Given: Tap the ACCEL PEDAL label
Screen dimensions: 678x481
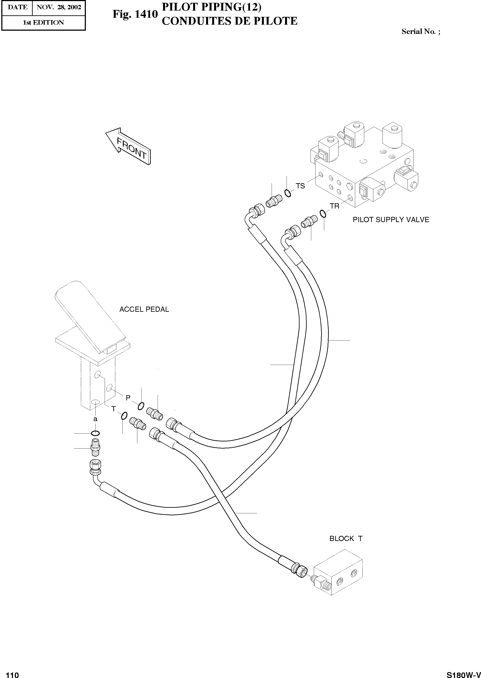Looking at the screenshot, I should point(144,309).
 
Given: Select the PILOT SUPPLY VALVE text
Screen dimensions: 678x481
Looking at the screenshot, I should point(391,220).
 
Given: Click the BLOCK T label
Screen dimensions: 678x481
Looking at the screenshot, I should point(346,539).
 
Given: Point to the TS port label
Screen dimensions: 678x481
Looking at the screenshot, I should point(300,186).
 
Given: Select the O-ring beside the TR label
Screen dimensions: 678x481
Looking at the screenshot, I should point(323,213).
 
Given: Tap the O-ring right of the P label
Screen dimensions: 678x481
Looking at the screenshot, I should point(141,406).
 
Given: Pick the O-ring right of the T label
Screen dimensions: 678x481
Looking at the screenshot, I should point(124,416).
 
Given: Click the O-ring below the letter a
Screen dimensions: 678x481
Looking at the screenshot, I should point(95,433).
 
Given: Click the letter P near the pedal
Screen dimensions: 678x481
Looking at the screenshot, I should point(128,398).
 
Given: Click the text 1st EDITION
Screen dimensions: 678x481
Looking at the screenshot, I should point(43,22).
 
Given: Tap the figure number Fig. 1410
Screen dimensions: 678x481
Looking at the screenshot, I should point(135,14).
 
